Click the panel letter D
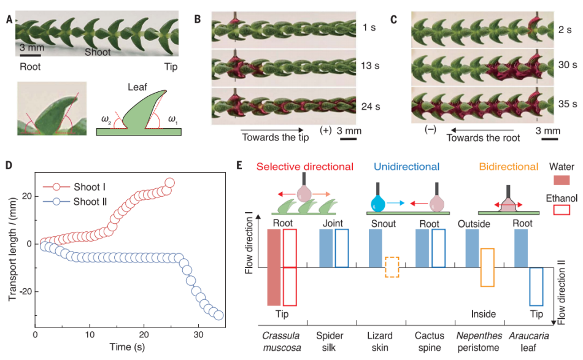[9, 164]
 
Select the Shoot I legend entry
[74, 187]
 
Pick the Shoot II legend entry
[75, 202]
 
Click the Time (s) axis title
[127, 347]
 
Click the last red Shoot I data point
[169, 183]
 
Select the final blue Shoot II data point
[218, 315]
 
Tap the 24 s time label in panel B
[371, 107]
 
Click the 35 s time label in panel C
[568, 104]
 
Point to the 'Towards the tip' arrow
[272, 130]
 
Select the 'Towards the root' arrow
[482, 131]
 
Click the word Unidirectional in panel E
[406, 166]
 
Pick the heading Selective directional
[304, 166]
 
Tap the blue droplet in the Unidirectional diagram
[378, 203]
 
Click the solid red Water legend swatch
[562, 180]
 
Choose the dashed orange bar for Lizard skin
[392, 267]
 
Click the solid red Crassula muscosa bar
[274, 267]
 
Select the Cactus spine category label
[430, 342]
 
